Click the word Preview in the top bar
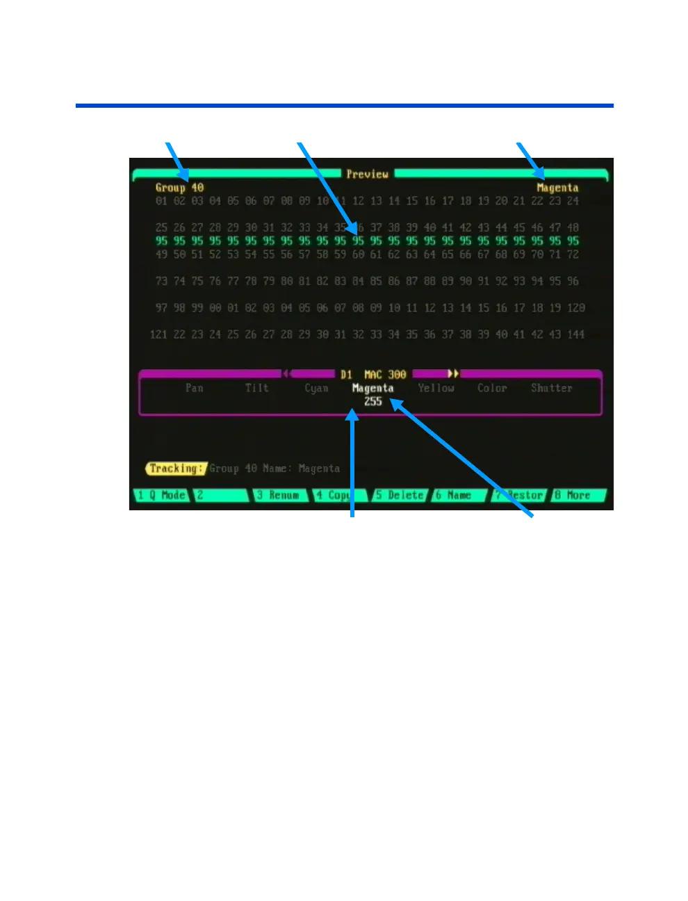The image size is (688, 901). [x=367, y=174]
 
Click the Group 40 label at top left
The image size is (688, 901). [x=179, y=188]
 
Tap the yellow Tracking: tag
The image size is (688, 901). [x=176, y=469]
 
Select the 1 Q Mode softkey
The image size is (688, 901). [x=161, y=496]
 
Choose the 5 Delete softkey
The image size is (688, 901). [x=400, y=496]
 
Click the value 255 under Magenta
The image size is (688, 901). [x=373, y=402]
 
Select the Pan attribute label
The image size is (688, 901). [x=195, y=388]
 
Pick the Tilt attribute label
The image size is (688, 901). [x=256, y=388]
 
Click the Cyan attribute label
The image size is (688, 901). [x=316, y=388]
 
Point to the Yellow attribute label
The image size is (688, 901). [x=436, y=388]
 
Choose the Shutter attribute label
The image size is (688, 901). [x=551, y=388]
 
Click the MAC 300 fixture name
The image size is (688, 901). [x=385, y=375]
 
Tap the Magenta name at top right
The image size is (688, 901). [x=557, y=188]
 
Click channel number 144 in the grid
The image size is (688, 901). [x=575, y=334]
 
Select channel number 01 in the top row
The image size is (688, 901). [x=161, y=201]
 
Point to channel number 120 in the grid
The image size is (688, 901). [x=575, y=308]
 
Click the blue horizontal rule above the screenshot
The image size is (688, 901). [x=344, y=106]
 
